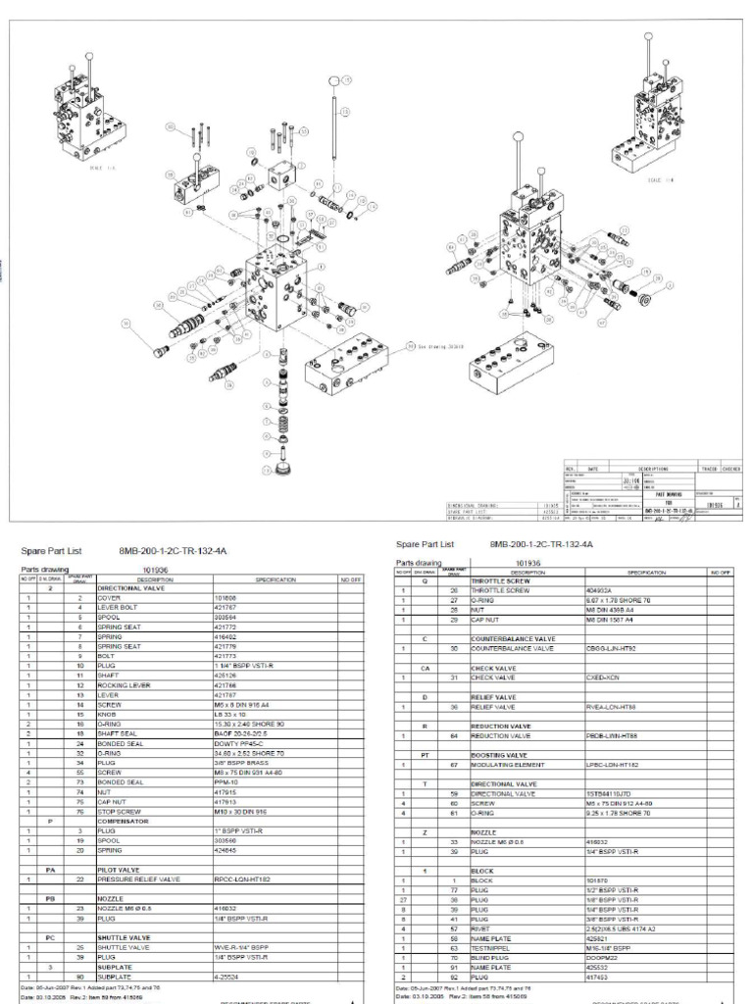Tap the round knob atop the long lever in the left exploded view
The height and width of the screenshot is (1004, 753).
pos(336,79)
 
